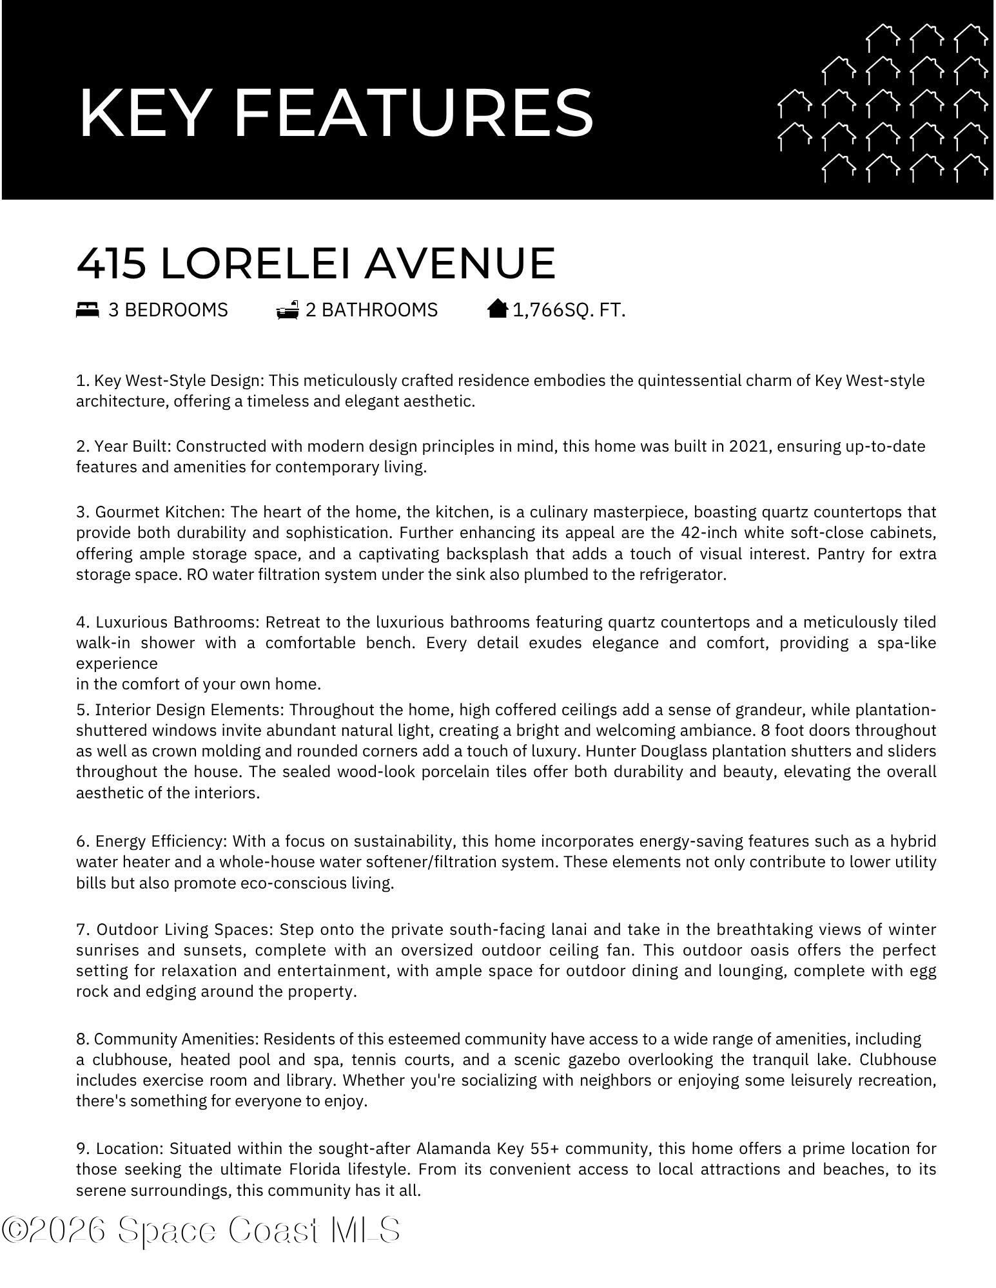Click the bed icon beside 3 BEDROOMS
pyautogui.click(x=88, y=310)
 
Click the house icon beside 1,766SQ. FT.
pyautogui.click(x=498, y=309)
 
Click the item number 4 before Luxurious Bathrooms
pyautogui.click(x=82, y=622)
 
